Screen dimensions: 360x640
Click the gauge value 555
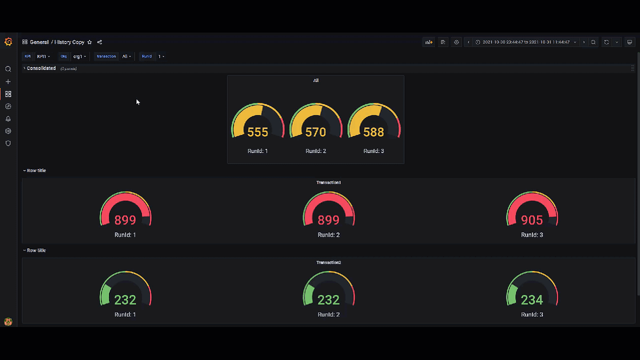click(258, 132)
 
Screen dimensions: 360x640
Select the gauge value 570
click(316, 132)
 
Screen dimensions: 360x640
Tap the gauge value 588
click(373, 132)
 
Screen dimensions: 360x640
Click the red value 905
click(532, 220)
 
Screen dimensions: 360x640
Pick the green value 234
click(532, 300)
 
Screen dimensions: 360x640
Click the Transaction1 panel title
click(329, 182)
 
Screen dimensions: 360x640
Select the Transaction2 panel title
click(329, 262)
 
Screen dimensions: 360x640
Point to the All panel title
click(316, 81)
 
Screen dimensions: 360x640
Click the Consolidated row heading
click(41, 68)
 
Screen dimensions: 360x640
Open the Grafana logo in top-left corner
click(8, 42)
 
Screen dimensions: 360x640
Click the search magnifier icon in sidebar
click(8, 69)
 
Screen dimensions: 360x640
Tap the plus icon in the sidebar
click(8, 82)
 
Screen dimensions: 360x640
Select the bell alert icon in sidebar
click(8, 119)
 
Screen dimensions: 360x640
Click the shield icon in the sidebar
click(8, 143)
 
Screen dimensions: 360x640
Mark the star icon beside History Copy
click(90, 42)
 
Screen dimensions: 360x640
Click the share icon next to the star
click(100, 42)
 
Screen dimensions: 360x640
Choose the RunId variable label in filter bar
click(147, 56)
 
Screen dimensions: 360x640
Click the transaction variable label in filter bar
click(106, 56)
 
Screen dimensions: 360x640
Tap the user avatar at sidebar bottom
click(8, 322)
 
